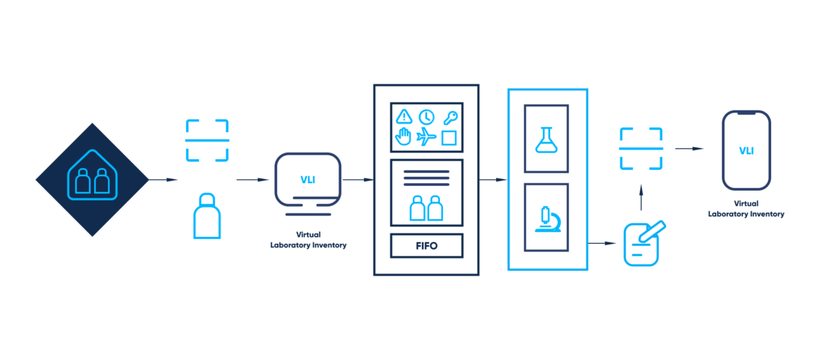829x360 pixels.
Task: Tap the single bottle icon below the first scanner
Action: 207,216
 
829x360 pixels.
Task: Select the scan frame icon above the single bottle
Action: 207,141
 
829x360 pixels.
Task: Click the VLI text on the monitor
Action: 307,180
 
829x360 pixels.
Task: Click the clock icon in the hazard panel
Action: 427,117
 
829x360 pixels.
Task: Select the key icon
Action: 450,117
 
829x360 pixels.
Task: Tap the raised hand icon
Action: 404,138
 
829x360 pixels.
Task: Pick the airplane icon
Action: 427,138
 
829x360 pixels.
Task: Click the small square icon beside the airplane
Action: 449,138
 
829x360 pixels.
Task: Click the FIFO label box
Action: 426,245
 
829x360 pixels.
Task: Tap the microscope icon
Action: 546,217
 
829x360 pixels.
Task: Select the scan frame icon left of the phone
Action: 641,149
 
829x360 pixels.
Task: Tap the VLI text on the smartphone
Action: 746,151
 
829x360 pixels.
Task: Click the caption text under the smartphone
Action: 746,209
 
